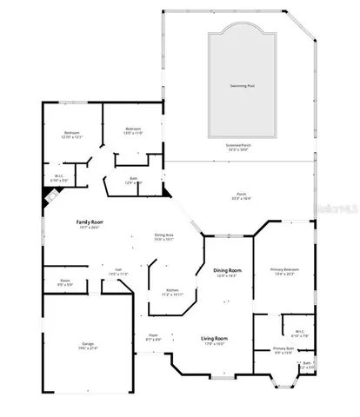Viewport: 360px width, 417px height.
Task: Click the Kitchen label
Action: pos(172,290)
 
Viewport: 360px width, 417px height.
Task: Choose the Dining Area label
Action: pos(164,235)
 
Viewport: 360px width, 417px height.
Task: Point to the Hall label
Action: pos(118,270)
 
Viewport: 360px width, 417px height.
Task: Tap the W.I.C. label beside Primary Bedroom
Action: pos(298,330)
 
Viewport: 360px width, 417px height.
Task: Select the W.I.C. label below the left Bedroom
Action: pos(57,177)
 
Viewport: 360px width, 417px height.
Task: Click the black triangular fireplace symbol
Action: pos(50,196)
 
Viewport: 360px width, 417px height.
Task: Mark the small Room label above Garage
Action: pos(65,281)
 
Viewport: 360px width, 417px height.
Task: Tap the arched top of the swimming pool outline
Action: pos(240,28)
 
